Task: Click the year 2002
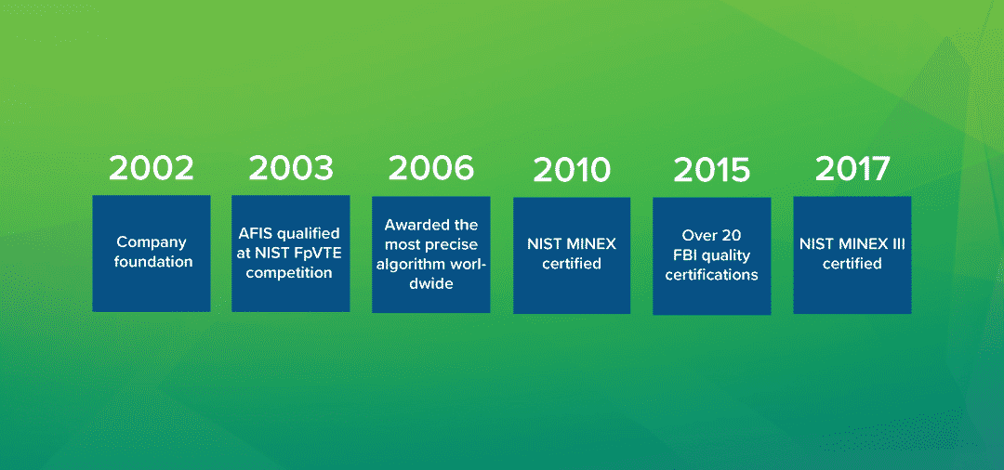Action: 152,168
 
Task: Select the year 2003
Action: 291,168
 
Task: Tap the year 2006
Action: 431,168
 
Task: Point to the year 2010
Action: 572,170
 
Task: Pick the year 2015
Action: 711,170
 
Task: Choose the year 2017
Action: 852,169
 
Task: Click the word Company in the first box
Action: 152,243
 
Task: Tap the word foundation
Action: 153,262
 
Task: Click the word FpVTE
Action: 318,254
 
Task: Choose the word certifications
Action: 711,276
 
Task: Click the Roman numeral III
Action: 896,243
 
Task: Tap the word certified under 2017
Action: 852,264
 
